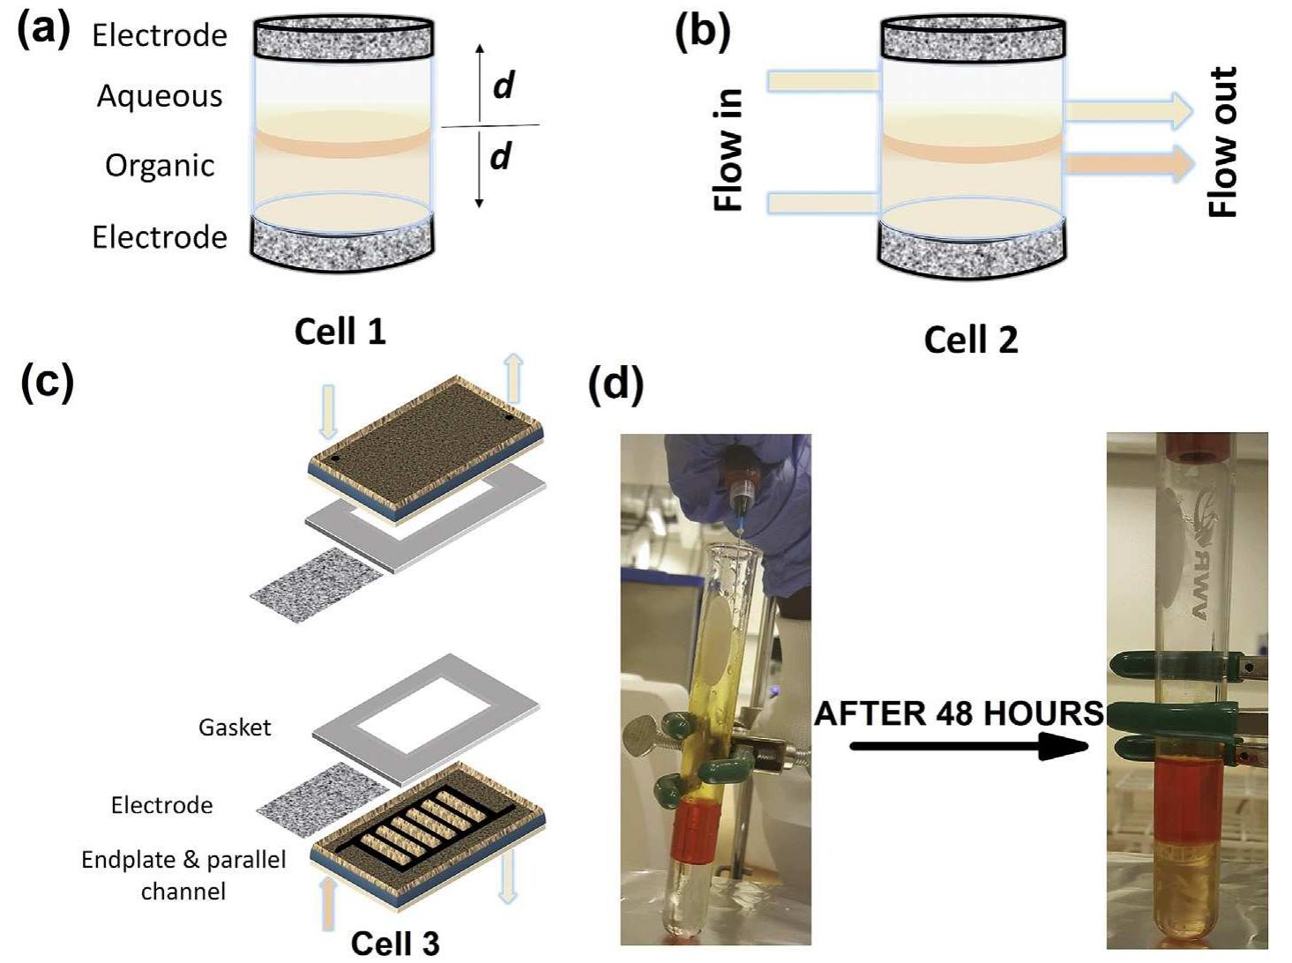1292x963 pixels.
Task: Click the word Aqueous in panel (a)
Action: tap(160, 96)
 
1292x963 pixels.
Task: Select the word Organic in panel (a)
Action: tap(160, 166)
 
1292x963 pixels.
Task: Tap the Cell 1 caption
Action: tap(340, 332)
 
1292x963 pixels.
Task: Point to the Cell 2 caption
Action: tap(970, 340)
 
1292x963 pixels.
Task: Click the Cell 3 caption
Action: tap(394, 942)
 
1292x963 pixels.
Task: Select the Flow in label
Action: tap(729, 150)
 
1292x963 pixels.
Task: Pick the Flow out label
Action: tap(1224, 141)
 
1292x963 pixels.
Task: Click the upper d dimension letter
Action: tap(503, 86)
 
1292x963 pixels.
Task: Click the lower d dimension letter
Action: tap(501, 156)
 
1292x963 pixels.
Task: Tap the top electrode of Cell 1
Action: tap(343, 40)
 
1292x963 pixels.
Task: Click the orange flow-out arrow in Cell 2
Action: tap(1129, 164)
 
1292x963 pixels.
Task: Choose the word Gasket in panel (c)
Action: tap(235, 728)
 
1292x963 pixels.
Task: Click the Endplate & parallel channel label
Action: tap(183, 875)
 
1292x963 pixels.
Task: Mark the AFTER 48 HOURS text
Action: tap(958, 713)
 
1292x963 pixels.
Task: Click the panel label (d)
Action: tap(615, 384)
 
